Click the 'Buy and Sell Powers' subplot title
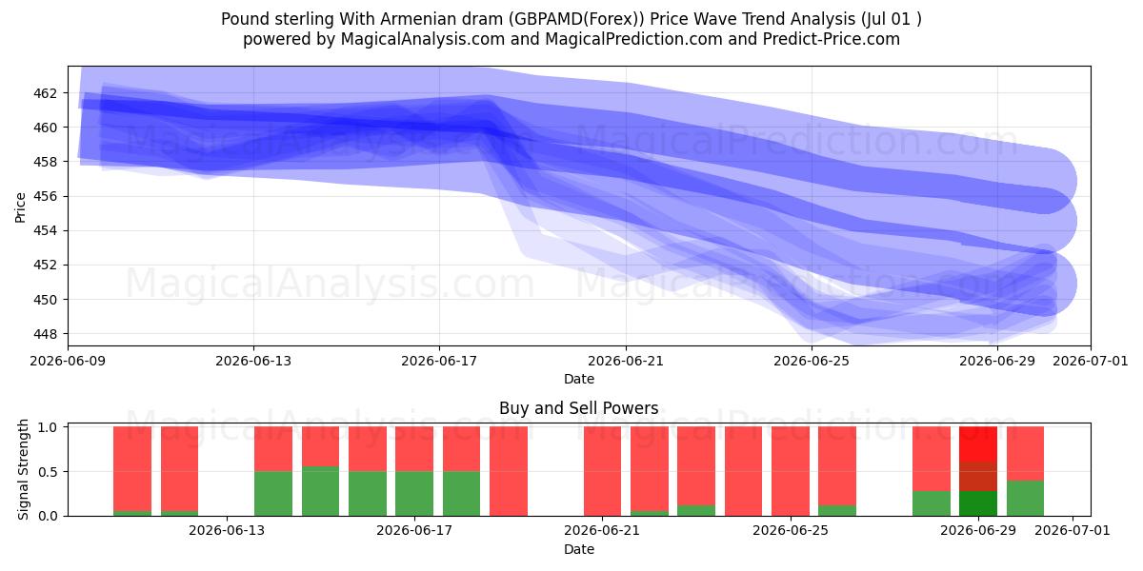pyautogui.click(x=579, y=408)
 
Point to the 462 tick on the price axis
pyautogui.click(x=45, y=93)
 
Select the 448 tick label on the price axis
pyautogui.click(x=45, y=334)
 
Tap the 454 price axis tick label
pyautogui.click(x=45, y=231)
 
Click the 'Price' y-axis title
pyautogui.click(x=20, y=207)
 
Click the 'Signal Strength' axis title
pyautogui.click(x=23, y=469)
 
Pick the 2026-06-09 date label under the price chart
pyautogui.click(x=68, y=361)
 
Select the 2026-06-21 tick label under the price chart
pyautogui.click(x=626, y=361)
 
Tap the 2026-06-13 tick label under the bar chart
pyautogui.click(x=227, y=531)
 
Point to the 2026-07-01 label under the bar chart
pyautogui.click(x=1073, y=531)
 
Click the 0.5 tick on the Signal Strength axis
pyautogui.click(x=49, y=472)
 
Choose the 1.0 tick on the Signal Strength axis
pyautogui.click(x=49, y=427)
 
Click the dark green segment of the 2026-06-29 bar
pyautogui.click(x=977, y=503)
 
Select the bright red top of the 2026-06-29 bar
pyautogui.click(x=977, y=444)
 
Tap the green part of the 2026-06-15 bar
pyautogui.click(x=320, y=491)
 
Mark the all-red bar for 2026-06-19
pyautogui.click(x=509, y=471)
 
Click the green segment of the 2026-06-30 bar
pyautogui.click(x=1025, y=498)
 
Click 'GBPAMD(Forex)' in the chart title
pyautogui.click(x=576, y=19)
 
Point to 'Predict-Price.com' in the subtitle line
pyautogui.click(x=832, y=39)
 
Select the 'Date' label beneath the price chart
pyautogui.click(x=579, y=379)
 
